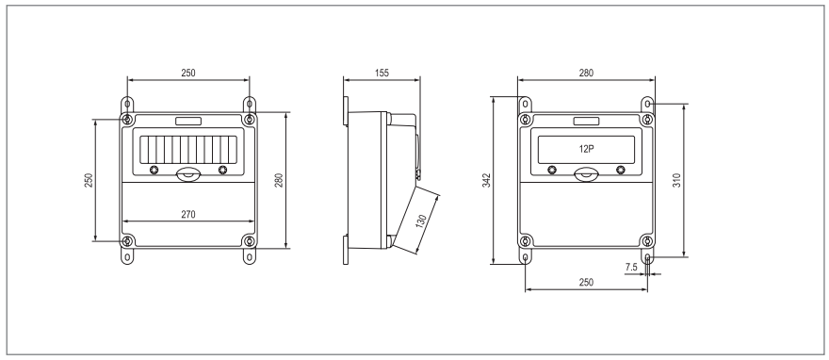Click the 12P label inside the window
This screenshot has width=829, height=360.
(586, 149)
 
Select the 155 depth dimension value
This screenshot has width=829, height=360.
(382, 73)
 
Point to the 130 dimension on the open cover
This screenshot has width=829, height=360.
(421, 221)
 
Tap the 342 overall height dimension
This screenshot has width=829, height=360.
(487, 180)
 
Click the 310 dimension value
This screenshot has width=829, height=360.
(676, 180)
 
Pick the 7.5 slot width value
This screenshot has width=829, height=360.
(631, 268)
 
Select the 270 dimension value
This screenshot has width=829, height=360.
(188, 214)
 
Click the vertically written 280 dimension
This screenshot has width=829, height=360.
(279, 180)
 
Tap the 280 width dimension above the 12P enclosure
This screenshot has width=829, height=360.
(586, 73)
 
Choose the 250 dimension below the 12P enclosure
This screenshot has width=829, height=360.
(586, 283)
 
